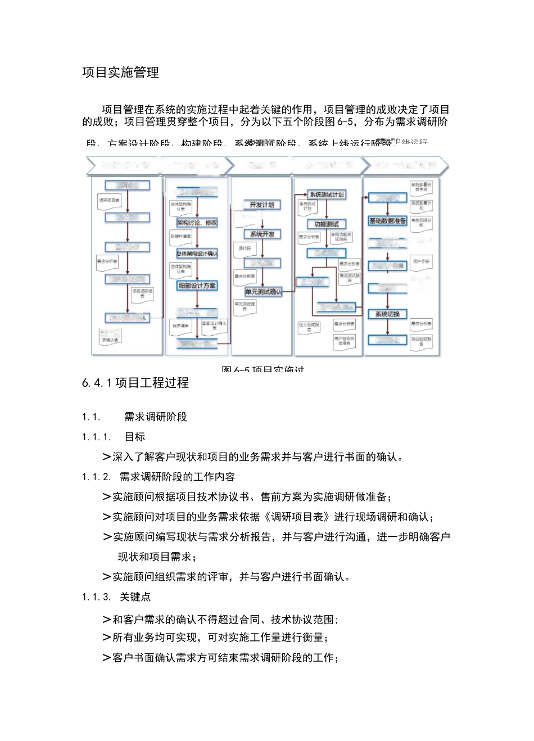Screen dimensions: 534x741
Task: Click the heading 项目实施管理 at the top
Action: click(x=120, y=73)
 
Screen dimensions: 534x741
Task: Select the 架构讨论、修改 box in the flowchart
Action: click(x=197, y=223)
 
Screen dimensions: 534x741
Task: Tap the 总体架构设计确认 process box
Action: click(x=197, y=254)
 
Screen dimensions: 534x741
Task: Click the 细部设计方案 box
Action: click(x=197, y=286)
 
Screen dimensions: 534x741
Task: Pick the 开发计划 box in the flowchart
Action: click(x=262, y=205)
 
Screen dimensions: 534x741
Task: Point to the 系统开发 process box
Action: click(x=262, y=234)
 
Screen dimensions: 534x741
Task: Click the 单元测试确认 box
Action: click(x=263, y=292)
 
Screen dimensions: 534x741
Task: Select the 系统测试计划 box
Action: click(x=327, y=195)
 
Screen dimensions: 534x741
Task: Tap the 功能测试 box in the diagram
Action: click(x=327, y=224)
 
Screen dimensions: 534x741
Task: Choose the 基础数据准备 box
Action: click(x=387, y=221)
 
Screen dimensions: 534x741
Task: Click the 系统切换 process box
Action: click(x=387, y=314)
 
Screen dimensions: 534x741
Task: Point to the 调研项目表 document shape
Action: click(x=110, y=201)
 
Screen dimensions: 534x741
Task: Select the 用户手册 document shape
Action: click(x=421, y=263)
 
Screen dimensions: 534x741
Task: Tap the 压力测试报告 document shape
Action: click(x=309, y=327)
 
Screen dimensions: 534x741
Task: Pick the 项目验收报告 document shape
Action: click(x=421, y=341)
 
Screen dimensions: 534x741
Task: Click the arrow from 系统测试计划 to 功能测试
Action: click(x=327, y=209)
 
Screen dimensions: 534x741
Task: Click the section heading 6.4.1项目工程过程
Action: click(x=135, y=383)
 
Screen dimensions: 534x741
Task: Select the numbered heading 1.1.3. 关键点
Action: click(x=116, y=597)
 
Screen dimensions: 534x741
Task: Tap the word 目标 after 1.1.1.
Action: click(x=135, y=437)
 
